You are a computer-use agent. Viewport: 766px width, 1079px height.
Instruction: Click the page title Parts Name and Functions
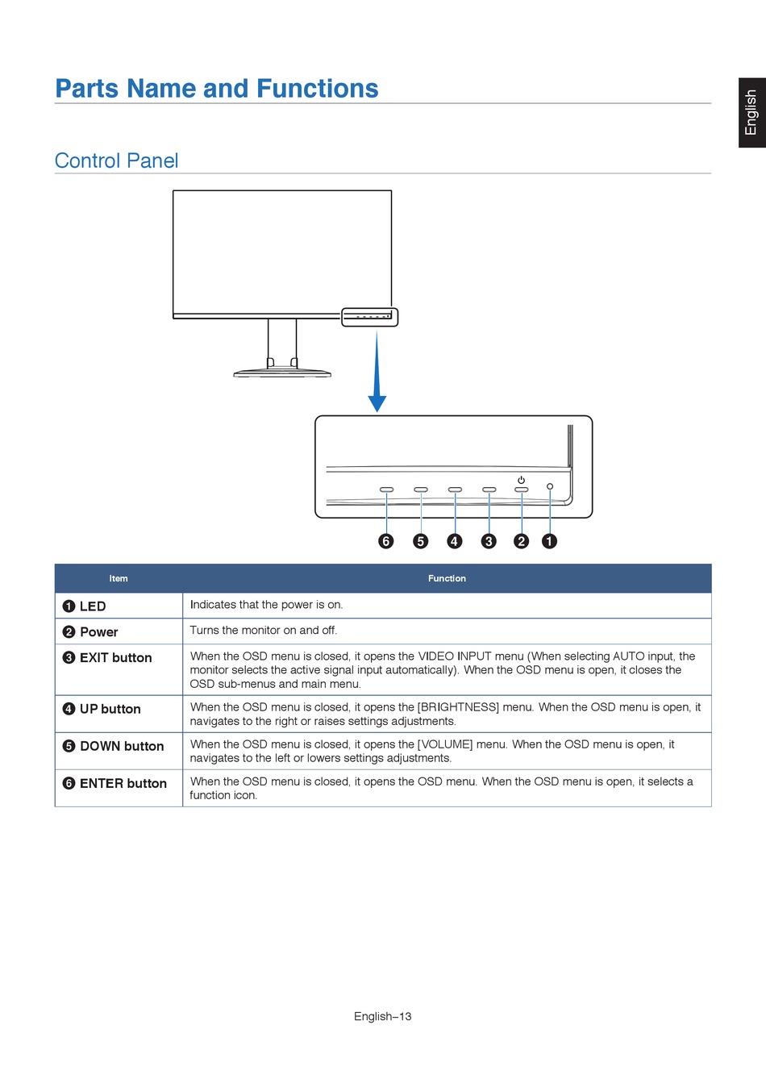click(216, 88)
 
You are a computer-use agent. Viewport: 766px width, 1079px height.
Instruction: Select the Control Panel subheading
click(116, 160)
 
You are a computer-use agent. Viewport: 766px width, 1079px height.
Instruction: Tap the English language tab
click(751, 112)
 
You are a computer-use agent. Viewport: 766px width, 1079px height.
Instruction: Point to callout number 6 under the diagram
click(386, 541)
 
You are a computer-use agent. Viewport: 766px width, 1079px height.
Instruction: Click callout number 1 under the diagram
click(549, 541)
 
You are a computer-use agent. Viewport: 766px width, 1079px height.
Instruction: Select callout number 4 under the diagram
click(455, 541)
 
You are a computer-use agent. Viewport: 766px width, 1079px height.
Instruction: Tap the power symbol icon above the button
click(521, 480)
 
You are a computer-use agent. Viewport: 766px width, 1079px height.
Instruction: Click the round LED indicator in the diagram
click(550, 486)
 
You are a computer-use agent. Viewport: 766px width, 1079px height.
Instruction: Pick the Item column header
click(119, 578)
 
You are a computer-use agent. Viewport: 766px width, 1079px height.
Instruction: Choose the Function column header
click(447, 578)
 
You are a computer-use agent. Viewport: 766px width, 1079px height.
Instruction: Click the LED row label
click(92, 606)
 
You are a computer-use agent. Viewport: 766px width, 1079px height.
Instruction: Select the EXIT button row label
click(115, 658)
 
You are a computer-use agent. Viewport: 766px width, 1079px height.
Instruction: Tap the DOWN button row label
click(122, 747)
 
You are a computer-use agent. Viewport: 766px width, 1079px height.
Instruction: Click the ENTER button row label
click(123, 784)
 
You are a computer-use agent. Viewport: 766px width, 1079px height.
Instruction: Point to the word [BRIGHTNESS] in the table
click(458, 707)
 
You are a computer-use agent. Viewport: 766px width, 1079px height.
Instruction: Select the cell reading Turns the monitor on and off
click(264, 631)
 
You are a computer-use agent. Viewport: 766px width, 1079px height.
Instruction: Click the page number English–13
click(382, 1016)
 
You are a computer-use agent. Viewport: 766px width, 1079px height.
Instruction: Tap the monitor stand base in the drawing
click(282, 373)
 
